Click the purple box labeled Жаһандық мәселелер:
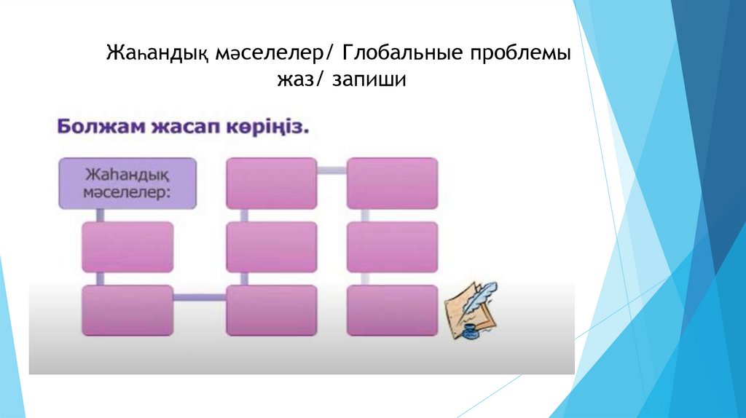pos(127,184)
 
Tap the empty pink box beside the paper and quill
pos(392,310)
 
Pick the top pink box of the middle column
pos(271,184)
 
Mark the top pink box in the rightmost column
pos(392,184)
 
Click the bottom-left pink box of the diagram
pos(127,310)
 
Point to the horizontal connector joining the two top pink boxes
pos(331,170)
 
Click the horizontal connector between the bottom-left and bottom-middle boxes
pos(199,297)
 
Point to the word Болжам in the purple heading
pos(94,126)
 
